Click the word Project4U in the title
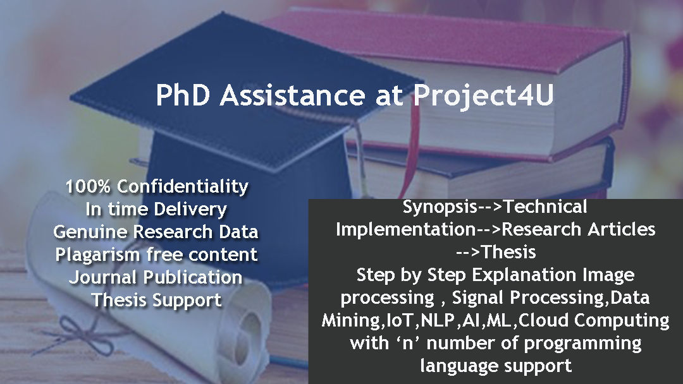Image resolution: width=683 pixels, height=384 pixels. point(484,95)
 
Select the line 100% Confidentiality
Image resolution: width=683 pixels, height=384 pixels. point(157,186)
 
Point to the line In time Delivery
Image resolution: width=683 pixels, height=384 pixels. point(156,209)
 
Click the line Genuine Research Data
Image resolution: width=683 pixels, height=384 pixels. point(156,231)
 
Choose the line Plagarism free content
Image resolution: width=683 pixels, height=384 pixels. point(156,255)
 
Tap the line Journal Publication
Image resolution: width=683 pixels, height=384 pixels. point(156,277)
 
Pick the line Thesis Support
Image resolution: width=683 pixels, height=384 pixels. point(156,300)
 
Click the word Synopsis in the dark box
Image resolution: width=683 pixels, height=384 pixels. point(440,207)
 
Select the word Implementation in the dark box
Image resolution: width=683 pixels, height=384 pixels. point(405,229)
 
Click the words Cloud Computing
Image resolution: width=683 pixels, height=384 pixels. point(594,320)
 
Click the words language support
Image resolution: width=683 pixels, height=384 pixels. point(496,366)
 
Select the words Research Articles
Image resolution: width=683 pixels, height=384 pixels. point(579,229)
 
